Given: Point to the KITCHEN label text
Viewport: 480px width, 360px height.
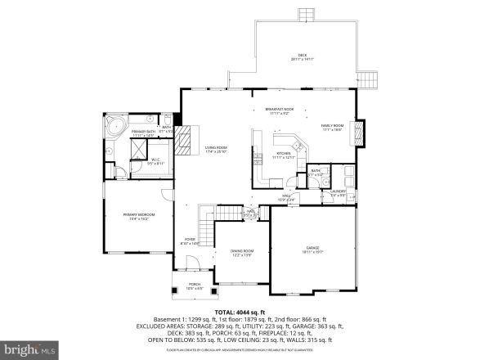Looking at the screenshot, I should pyautogui.click(x=283, y=154).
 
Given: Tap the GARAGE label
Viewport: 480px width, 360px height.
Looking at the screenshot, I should pyautogui.click(x=312, y=248).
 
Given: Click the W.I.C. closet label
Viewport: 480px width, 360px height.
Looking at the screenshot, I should pyautogui.click(x=155, y=161).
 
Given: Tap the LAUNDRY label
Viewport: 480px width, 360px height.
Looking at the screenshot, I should pyautogui.click(x=339, y=193).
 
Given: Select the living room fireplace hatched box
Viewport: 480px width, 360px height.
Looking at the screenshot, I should pyautogui.click(x=184, y=134).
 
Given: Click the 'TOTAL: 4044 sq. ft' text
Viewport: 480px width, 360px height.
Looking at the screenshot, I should pyautogui.click(x=240, y=313).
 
